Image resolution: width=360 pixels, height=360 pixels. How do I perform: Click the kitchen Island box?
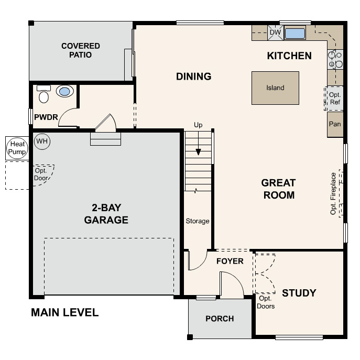tap(275, 88)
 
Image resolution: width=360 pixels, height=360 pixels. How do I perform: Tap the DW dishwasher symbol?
tap(275, 33)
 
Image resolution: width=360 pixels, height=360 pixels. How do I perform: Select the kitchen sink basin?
tap(295, 34)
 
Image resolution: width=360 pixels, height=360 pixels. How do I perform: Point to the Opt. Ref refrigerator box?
tap(335, 98)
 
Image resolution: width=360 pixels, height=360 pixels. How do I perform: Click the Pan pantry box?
tap(335, 125)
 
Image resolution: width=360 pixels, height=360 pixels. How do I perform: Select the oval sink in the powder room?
tap(64, 92)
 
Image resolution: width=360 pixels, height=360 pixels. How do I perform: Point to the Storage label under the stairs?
tap(198, 221)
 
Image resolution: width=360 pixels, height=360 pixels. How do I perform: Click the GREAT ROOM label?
tap(278, 189)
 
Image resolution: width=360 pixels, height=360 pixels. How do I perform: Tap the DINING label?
tap(193, 77)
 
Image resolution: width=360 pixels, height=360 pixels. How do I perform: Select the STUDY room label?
tap(299, 292)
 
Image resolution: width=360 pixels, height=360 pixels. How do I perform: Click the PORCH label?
tap(220, 319)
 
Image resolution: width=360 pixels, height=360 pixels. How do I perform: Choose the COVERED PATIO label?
tap(80, 50)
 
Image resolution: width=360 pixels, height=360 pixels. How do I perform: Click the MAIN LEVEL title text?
tap(64, 313)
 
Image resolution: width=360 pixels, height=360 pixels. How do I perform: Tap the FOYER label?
tap(230, 261)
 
